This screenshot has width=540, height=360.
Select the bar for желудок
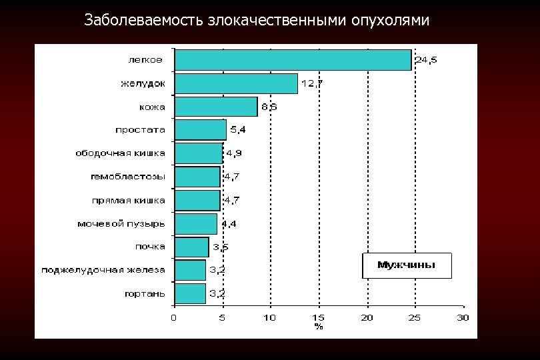pos(235,83)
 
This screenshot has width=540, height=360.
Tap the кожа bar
pos(215,107)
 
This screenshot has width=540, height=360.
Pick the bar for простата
pos(200,129)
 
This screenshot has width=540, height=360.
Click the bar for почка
pos(191,247)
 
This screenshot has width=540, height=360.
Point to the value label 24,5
pos(426,60)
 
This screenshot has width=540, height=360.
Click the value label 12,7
pos(312,83)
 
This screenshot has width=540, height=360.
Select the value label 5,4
pos(237,129)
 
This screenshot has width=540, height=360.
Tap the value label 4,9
pos(233,153)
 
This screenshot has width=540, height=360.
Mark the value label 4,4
pos(229,223)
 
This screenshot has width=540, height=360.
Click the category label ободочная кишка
pos(120,153)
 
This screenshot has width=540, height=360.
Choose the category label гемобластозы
pos(128,177)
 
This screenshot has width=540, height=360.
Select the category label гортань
pos(145,293)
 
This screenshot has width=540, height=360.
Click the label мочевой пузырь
pos(121,223)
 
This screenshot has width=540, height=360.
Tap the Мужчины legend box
pos(407,265)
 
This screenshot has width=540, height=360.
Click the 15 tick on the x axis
pos(319,317)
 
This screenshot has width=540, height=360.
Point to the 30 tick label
pos(463,317)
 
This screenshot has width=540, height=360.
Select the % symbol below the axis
pos(319,327)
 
